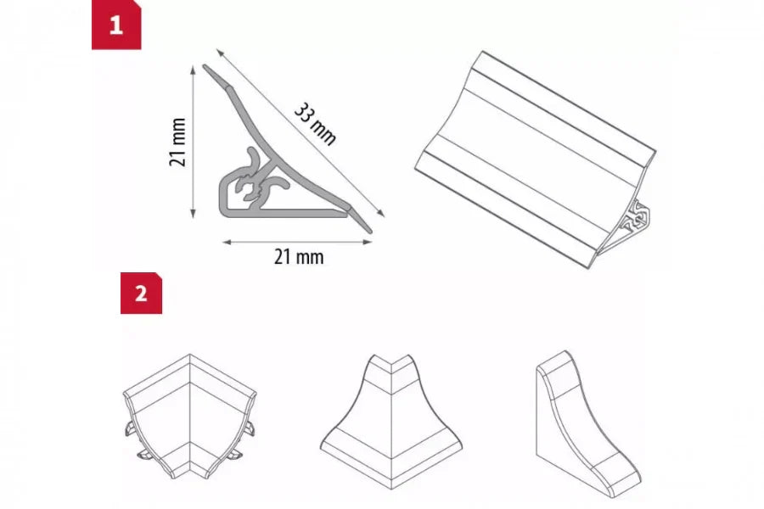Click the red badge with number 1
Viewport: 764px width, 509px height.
(x=116, y=25)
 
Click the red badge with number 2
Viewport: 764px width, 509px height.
(x=141, y=293)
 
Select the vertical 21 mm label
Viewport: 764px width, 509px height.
(x=177, y=142)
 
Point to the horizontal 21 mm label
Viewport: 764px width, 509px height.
(x=298, y=256)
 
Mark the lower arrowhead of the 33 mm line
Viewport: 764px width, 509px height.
(x=379, y=218)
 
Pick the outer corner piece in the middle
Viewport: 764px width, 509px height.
(x=390, y=411)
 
